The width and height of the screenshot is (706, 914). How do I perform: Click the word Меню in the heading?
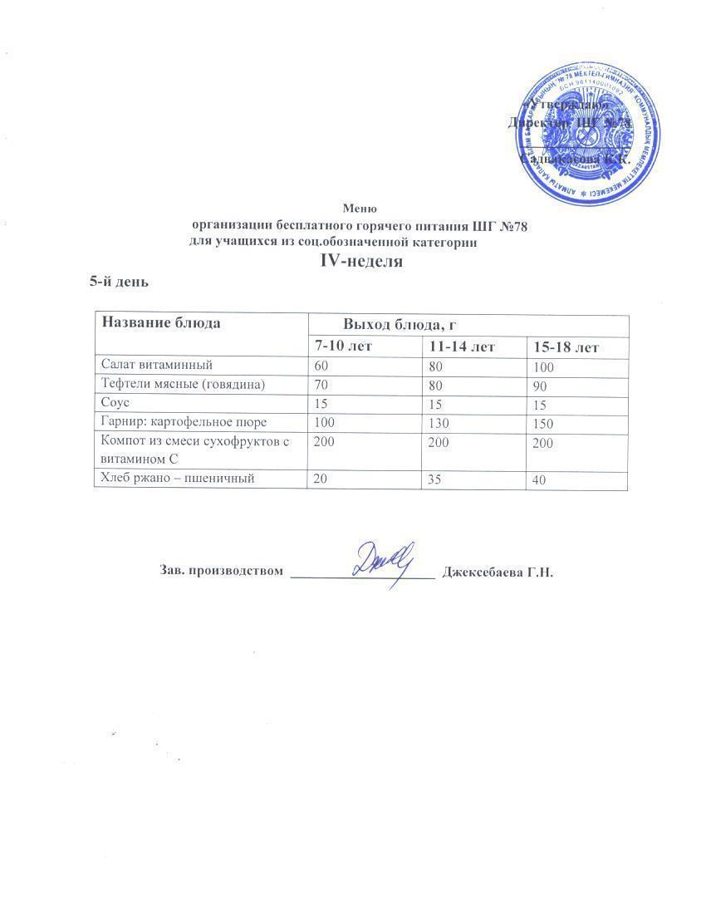[x=360, y=209]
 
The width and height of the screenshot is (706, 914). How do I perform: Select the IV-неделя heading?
[x=361, y=261]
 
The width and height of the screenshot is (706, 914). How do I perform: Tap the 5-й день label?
[x=119, y=282]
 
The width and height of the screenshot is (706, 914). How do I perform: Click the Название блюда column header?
[x=161, y=323]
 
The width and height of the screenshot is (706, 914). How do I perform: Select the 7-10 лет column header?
[x=342, y=346]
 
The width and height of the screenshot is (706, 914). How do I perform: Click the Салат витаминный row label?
[x=157, y=364]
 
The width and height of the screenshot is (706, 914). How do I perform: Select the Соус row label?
[x=115, y=404]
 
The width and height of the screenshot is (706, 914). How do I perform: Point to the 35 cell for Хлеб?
[x=436, y=479]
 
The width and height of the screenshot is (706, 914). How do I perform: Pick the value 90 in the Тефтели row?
[x=542, y=386]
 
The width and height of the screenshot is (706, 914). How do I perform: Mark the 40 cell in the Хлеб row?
[x=542, y=479]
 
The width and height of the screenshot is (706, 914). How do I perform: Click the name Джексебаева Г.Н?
[x=498, y=572]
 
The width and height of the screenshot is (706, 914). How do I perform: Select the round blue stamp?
[x=590, y=135]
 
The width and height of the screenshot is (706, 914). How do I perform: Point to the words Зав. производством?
[x=220, y=572]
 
